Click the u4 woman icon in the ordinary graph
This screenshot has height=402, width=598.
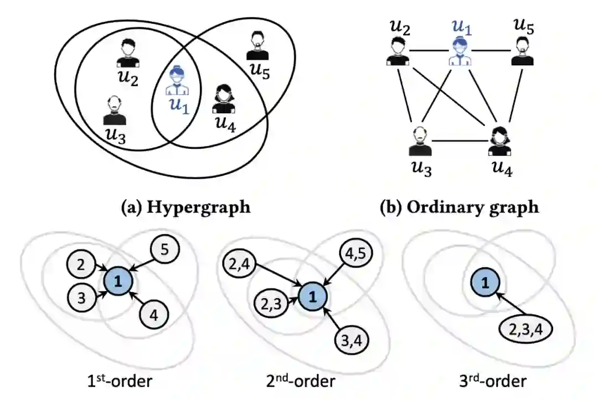[499, 142]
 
